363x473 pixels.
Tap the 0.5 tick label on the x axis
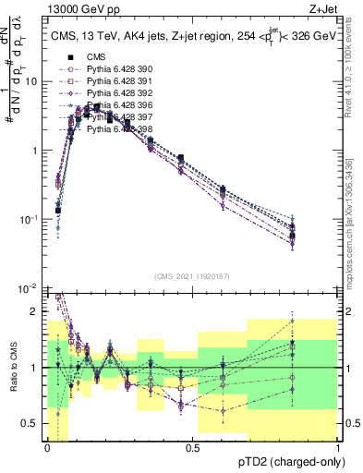tap(192, 447)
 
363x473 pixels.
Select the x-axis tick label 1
tap(338, 447)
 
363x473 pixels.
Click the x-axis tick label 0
tap(47, 447)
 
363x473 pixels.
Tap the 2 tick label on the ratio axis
tap(35, 311)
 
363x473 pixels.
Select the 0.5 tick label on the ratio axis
tap(31, 423)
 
